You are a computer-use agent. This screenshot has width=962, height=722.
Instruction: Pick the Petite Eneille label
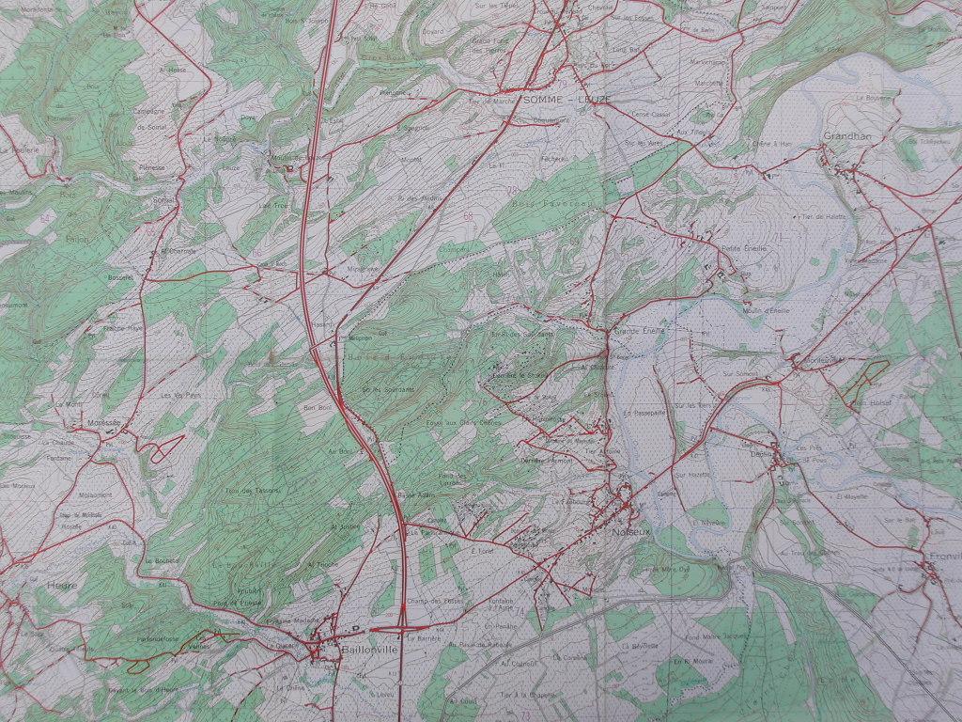pyautogui.click(x=744, y=248)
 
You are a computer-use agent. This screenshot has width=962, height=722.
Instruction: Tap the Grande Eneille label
pyautogui.click(x=639, y=331)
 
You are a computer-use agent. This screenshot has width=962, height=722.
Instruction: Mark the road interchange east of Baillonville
pyautogui.click(x=401, y=625)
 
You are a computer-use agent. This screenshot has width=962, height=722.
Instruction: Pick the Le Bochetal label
pyautogui.click(x=162, y=560)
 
